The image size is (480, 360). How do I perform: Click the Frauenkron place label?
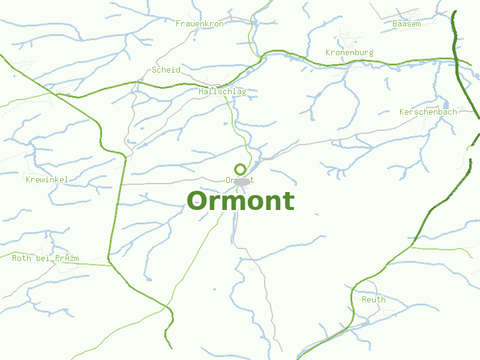click(199, 23)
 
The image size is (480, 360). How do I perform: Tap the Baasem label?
click(406, 23)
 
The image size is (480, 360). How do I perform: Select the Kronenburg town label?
click(349, 53)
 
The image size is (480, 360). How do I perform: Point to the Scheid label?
click(166, 70)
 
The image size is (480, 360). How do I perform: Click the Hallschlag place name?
click(222, 92)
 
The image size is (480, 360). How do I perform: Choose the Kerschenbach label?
click(428, 112)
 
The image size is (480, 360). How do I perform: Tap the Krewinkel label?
click(47, 179)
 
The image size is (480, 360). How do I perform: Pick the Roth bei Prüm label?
click(45, 259)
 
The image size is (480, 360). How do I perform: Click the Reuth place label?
click(373, 299)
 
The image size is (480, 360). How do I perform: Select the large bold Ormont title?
click(240, 201)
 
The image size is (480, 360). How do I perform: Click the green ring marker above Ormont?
click(240, 169)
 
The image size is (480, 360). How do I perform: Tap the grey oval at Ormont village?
click(242, 182)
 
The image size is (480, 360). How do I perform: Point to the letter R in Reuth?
click(364, 299)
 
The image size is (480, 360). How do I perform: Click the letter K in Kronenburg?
click(328, 53)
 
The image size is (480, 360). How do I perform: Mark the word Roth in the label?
click(22, 259)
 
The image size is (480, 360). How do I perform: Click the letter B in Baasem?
click(394, 23)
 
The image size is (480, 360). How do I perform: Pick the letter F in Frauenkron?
click(178, 23)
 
